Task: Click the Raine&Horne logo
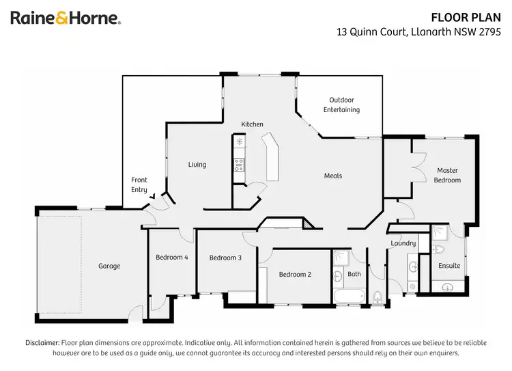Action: pyautogui.click(x=66, y=18)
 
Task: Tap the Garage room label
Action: pyautogui.click(x=109, y=266)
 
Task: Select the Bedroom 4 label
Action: pyautogui.click(x=172, y=257)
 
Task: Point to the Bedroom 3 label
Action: pyautogui.click(x=225, y=258)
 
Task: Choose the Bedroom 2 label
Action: pyautogui.click(x=295, y=274)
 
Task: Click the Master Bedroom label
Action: pyautogui.click(x=447, y=175)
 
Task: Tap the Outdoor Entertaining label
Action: pyautogui.click(x=341, y=105)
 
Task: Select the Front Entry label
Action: pyautogui.click(x=139, y=184)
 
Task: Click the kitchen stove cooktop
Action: pyautogui.click(x=239, y=163)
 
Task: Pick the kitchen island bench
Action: pyautogui.click(x=272, y=156)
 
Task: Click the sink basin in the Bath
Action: pyautogui.click(x=338, y=276)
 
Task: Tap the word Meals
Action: pyautogui.click(x=332, y=176)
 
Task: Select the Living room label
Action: pyautogui.click(x=197, y=165)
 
